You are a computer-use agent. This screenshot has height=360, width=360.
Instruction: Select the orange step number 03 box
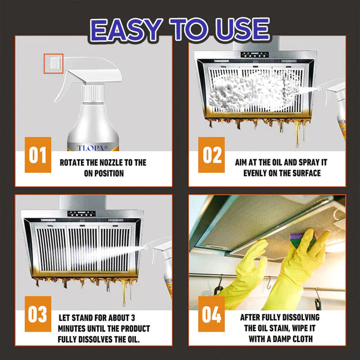point(38,314)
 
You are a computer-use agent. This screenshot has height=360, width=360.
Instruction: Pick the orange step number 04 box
point(211,314)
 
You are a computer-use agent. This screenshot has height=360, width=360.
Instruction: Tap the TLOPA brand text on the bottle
point(92,148)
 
